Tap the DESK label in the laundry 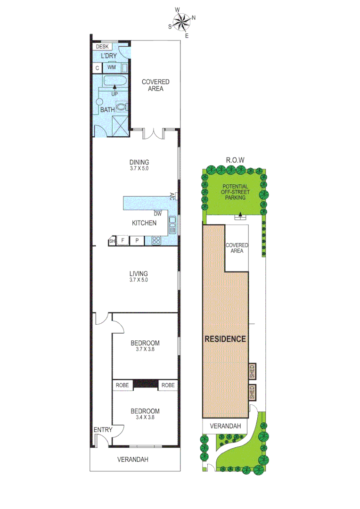tap(102, 47)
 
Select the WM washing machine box tap(112, 68)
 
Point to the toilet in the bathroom tap(122, 107)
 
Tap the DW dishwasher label tap(158, 213)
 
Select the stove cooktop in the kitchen tap(156, 240)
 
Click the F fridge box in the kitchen tap(123, 240)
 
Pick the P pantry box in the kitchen tap(137, 240)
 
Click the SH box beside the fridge tap(112, 241)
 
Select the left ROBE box tap(122, 385)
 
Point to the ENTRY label tap(103, 429)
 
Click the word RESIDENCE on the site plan tap(225, 338)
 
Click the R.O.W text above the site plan tap(235, 160)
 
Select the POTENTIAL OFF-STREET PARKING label tap(235, 192)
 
